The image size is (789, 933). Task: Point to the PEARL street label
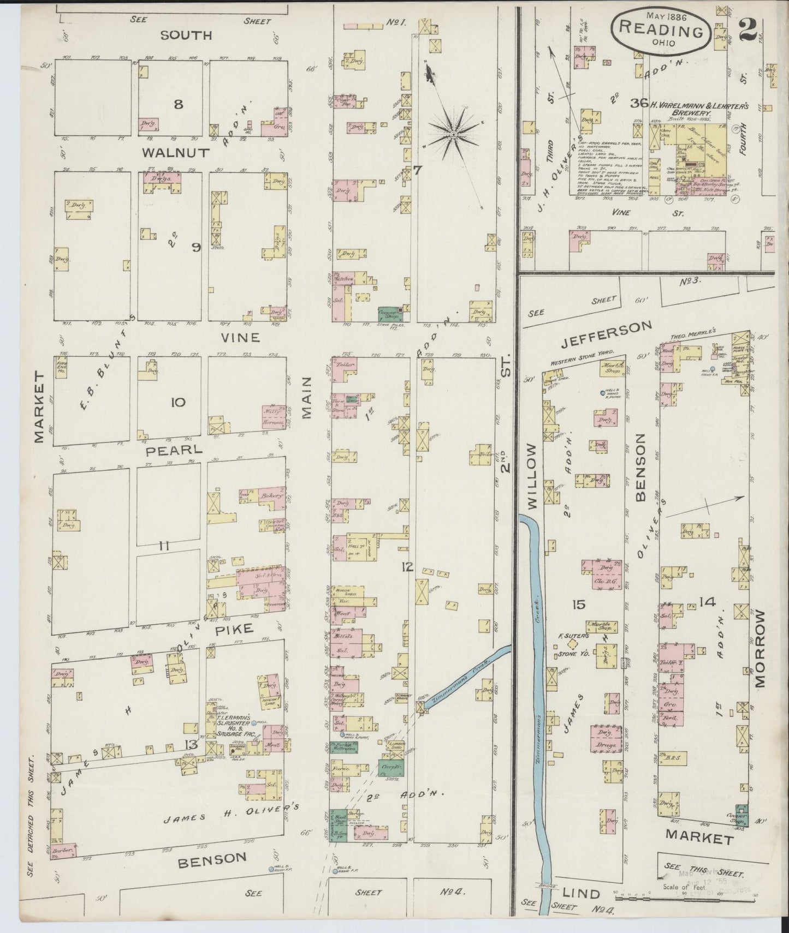click(x=167, y=451)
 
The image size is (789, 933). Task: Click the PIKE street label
click(x=238, y=629)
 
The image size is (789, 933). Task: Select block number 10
click(x=178, y=403)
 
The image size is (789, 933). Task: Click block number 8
click(x=178, y=104)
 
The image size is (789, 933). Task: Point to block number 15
click(x=579, y=604)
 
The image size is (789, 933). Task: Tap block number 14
click(x=707, y=602)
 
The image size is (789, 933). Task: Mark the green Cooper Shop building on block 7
click(x=389, y=313)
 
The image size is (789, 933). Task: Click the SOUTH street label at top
click(x=186, y=35)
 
